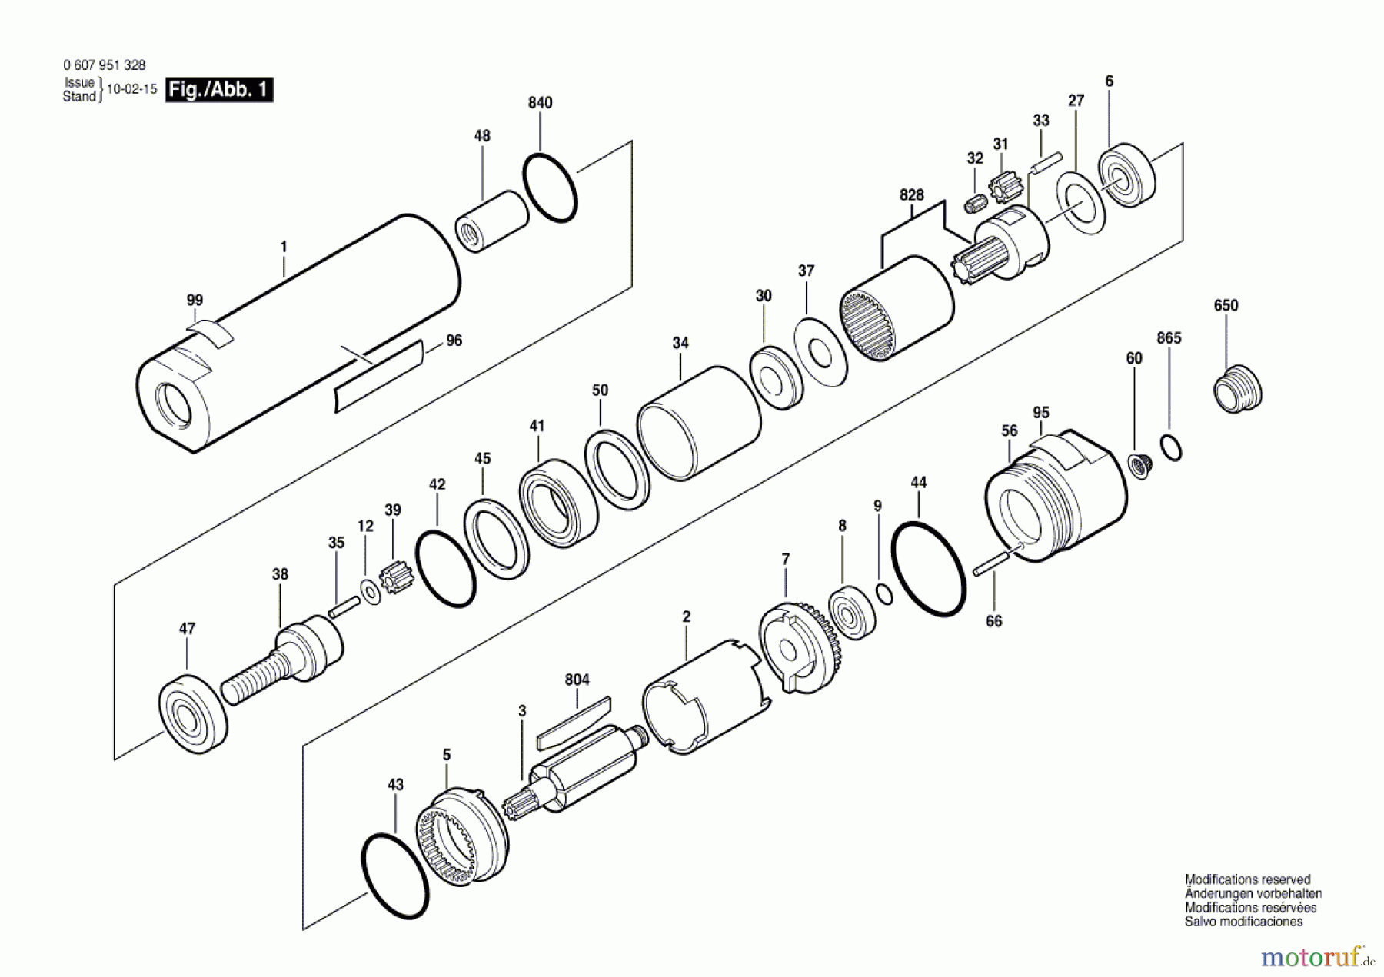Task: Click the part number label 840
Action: (x=540, y=103)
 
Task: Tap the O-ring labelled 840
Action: (x=550, y=188)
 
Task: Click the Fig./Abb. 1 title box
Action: (x=219, y=90)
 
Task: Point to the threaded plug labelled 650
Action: (x=1237, y=388)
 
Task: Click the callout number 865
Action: (x=1169, y=338)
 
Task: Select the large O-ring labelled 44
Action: (x=928, y=569)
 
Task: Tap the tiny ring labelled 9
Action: (x=885, y=593)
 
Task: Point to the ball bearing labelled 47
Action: (x=192, y=713)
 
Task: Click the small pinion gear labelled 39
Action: (x=397, y=577)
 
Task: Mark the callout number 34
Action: (x=680, y=344)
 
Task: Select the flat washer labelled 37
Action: (x=820, y=353)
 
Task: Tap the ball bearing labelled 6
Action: (x=1126, y=174)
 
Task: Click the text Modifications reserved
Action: (x=1247, y=879)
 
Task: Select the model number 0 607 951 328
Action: (x=104, y=66)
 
